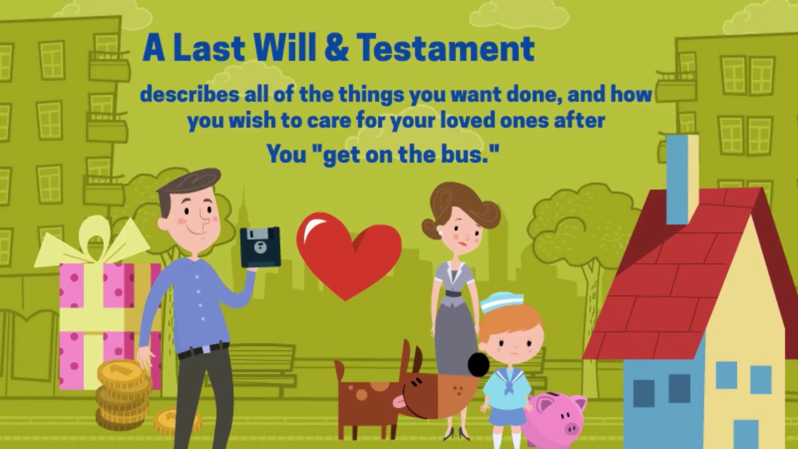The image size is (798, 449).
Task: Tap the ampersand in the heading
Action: coord(337,49)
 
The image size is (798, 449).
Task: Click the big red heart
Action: coord(349,253)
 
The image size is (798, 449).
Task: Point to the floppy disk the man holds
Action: coord(260,247)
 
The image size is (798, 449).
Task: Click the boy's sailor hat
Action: coord(501,302)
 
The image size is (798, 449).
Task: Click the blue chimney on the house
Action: coord(681,178)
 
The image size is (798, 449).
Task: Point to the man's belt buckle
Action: coord(205,350)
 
